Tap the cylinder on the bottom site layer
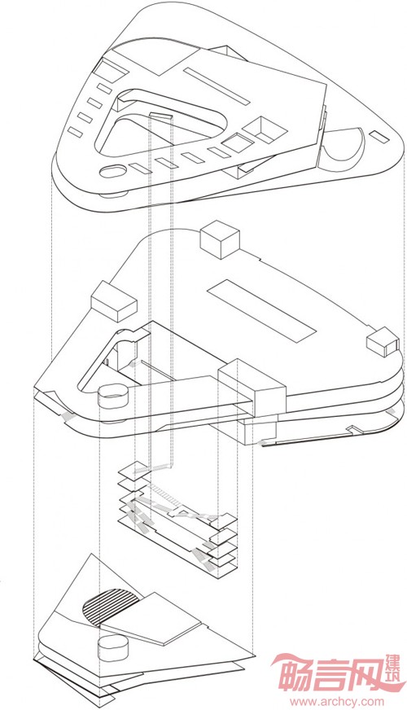(113, 647)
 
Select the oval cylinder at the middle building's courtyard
(114, 397)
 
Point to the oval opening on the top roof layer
(112, 171)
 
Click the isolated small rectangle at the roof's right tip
(379, 137)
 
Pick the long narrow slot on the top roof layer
(217, 85)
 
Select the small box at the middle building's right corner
(383, 340)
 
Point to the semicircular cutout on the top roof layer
(344, 145)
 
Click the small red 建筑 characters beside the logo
(396, 674)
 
